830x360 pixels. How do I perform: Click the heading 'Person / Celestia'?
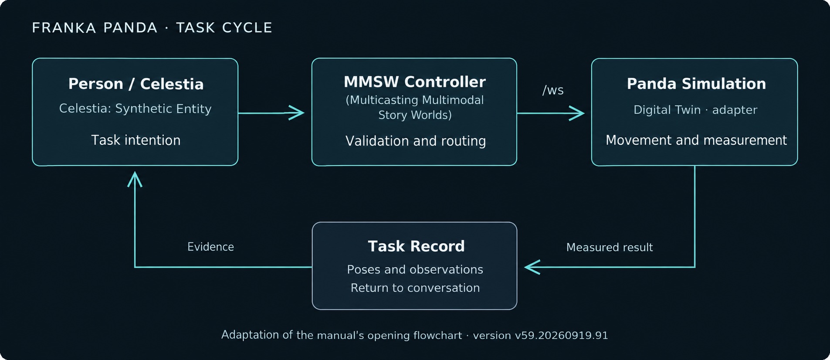[136, 84]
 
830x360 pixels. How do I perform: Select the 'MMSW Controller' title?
[415, 82]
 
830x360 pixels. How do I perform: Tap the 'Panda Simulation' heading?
[696, 84]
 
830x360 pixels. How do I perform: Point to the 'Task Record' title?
[416, 246]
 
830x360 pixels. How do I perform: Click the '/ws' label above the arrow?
[553, 90]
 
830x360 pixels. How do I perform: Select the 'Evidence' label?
[210, 247]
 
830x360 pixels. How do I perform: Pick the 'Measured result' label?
[610, 247]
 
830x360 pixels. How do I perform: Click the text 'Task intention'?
[136, 140]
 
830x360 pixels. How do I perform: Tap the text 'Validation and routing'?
[416, 141]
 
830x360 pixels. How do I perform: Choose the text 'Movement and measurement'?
[696, 140]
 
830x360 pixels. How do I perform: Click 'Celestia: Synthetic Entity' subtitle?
[136, 109]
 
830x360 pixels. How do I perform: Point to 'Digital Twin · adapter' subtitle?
[695, 110]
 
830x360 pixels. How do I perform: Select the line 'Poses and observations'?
[415, 269]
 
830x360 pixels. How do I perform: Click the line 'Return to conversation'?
[415, 288]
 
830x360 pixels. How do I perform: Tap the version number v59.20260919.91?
[561, 335]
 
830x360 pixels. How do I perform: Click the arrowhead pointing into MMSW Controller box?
[297, 113]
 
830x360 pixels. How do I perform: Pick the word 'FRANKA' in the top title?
[64, 28]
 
